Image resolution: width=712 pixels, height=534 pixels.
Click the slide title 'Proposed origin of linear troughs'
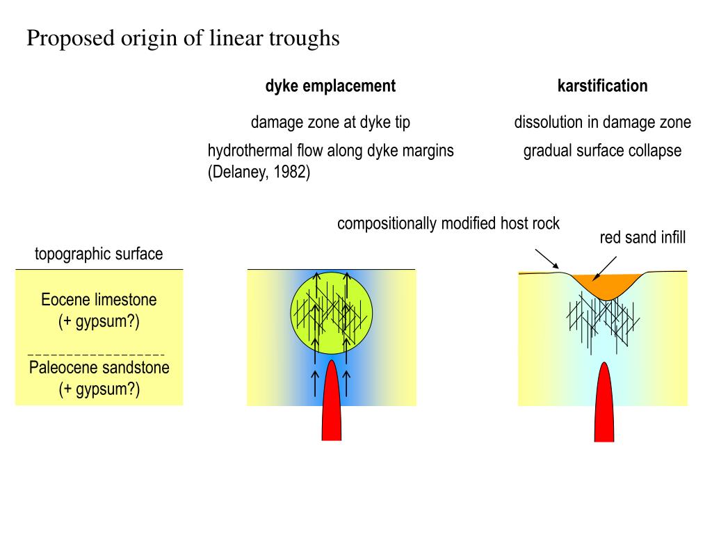coord(183,39)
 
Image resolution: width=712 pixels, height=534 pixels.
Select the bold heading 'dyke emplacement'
coord(330,86)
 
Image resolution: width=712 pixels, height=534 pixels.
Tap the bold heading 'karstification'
coord(602,86)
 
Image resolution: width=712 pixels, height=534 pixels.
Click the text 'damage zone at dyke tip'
coord(330,122)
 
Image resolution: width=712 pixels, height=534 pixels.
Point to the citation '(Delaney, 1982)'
coord(259,172)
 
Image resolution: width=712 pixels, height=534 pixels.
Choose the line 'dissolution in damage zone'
coord(602,122)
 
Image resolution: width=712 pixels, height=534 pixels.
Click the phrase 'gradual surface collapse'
coord(602,150)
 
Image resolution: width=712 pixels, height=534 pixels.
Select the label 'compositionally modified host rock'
coord(448,224)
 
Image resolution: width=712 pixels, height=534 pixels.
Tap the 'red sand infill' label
coord(642,238)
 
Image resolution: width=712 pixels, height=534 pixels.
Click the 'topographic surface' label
coord(99,254)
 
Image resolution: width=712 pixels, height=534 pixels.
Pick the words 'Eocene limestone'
coord(99,300)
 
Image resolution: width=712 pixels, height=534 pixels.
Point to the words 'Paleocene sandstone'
coord(99,367)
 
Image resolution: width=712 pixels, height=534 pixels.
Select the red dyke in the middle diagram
coord(332,403)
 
